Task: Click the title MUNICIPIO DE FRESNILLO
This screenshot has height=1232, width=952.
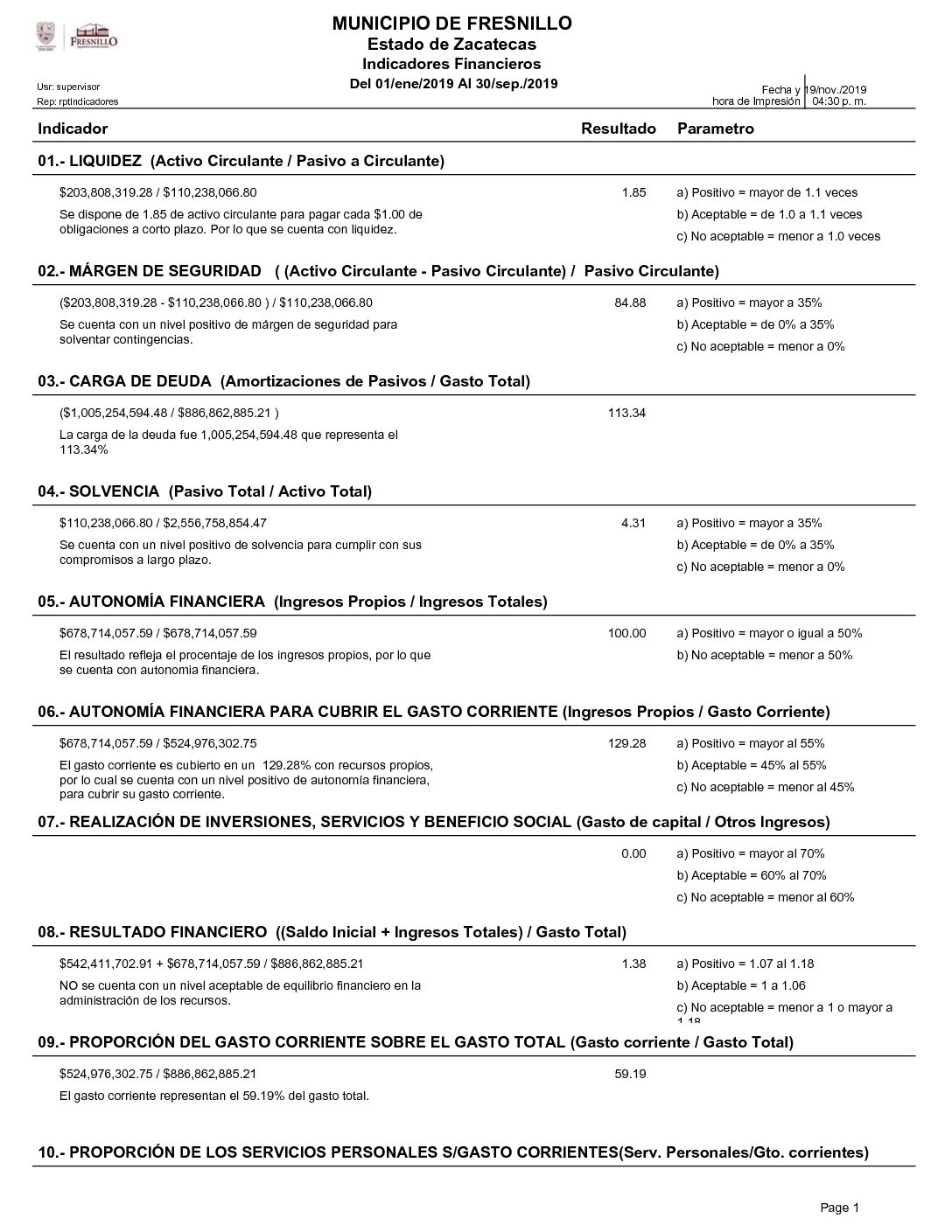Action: [x=451, y=24]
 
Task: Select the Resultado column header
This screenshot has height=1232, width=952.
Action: [x=618, y=129]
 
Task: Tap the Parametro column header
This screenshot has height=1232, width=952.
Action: [x=715, y=129]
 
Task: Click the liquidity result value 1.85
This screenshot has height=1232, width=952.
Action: [x=633, y=192]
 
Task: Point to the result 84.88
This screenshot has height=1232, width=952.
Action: [x=630, y=303]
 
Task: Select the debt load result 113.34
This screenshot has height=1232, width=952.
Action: [x=626, y=413]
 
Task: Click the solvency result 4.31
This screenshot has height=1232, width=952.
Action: [x=633, y=523]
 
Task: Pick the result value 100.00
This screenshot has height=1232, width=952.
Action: [x=626, y=633]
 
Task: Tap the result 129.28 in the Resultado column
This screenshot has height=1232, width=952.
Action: [x=626, y=743]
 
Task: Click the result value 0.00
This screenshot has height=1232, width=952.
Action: [x=633, y=853]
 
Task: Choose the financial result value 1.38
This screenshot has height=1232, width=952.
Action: [x=633, y=964]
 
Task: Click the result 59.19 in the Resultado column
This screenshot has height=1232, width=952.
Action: [x=630, y=1074]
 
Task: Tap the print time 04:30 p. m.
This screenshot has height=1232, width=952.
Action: [x=839, y=101]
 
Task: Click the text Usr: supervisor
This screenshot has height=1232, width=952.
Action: [x=68, y=87]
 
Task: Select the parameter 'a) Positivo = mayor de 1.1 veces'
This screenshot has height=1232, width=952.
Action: [x=766, y=192]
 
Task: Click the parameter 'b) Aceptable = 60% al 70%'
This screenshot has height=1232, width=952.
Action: [x=751, y=875]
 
